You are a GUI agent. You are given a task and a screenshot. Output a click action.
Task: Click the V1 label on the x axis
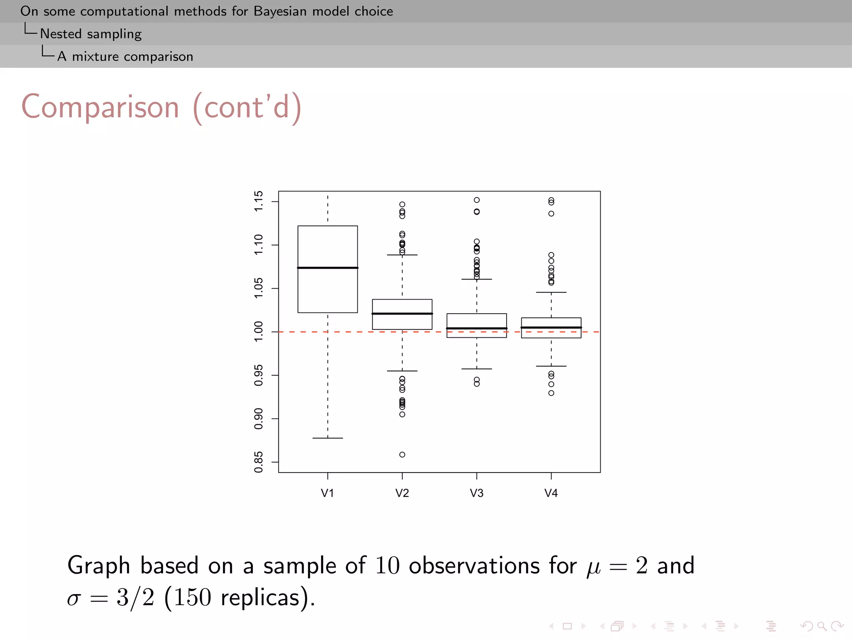(x=327, y=493)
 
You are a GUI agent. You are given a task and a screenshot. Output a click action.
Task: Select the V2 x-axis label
(x=402, y=493)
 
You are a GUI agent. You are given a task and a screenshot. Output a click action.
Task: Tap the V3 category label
(x=476, y=493)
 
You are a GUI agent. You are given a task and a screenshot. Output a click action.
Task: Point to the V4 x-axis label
(x=551, y=493)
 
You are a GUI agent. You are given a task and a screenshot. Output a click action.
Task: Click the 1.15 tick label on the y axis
(x=258, y=201)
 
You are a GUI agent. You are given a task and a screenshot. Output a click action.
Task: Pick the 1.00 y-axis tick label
(x=258, y=332)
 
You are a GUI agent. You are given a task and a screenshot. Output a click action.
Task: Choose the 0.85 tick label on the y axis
(x=258, y=462)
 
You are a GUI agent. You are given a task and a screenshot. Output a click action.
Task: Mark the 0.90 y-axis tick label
(x=258, y=419)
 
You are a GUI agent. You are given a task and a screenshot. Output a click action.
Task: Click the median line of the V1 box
(x=327, y=267)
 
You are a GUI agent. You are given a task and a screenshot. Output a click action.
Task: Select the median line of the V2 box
(x=402, y=313)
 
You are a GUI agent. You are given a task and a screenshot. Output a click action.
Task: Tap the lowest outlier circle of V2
(x=402, y=454)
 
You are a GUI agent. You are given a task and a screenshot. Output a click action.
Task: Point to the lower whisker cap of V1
(x=327, y=438)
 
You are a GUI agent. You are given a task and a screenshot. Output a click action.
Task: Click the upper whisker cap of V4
(x=551, y=292)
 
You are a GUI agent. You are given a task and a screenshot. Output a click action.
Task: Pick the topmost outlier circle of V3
(x=477, y=200)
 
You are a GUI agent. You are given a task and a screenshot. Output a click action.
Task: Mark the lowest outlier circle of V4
(x=551, y=393)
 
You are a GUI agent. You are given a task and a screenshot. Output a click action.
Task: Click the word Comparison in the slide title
(x=100, y=107)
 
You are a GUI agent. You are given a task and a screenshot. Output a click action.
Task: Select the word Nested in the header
(x=61, y=34)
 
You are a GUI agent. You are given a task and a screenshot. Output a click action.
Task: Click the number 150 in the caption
(x=192, y=597)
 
